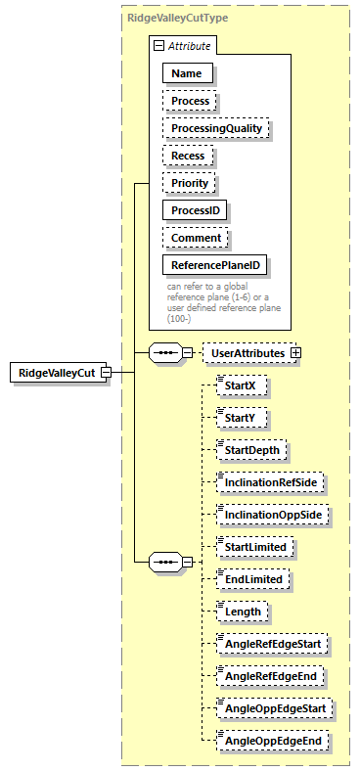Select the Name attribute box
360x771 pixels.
click(x=186, y=73)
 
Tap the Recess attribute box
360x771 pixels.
click(x=189, y=156)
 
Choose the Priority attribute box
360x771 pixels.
click(x=190, y=183)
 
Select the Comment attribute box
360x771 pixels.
click(x=196, y=238)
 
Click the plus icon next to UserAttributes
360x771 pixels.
click(x=294, y=352)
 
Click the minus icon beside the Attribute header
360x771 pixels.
click(x=157, y=46)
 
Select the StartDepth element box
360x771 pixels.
click(x=251, y=450)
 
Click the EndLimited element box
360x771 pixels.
click(x=253, y=579)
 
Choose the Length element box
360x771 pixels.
click(x=244, y=612)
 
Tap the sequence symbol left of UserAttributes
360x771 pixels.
click(x=164, y=352)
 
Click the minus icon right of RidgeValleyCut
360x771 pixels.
click(x=105, y=373)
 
